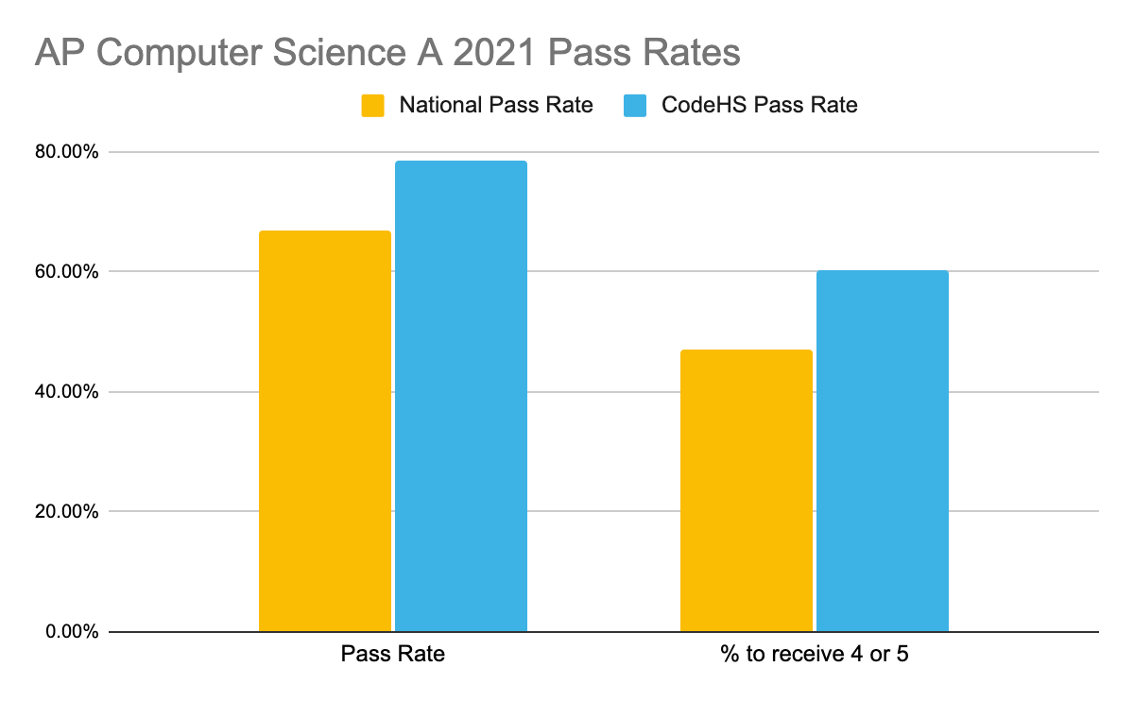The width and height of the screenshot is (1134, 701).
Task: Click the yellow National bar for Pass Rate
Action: pyautogui.click(x=324, y=431)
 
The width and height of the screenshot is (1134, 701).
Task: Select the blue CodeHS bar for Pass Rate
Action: pyautogui.click(x=461, y=396)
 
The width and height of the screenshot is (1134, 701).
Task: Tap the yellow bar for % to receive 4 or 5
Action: pyautogui.click(x=746, y=490)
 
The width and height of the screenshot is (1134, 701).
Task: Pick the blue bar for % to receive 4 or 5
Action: pyautogui.click(x=882, y=451)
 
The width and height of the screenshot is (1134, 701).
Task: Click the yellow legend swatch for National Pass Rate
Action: pyautogui.click(x=373, y=105)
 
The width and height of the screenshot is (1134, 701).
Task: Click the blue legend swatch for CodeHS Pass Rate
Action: pyautogui.click(x=635, y=105)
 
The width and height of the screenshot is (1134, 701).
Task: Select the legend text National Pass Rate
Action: pyautogui.click(x=496, y=105)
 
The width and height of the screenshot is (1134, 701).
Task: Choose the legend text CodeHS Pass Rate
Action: pyautogui.click(x=759, y=105)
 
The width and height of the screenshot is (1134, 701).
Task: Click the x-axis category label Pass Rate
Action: pyautogui.click(x=392, y=654)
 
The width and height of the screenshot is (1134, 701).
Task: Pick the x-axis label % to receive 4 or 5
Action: pyautogui.click(x=814, y=654)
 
